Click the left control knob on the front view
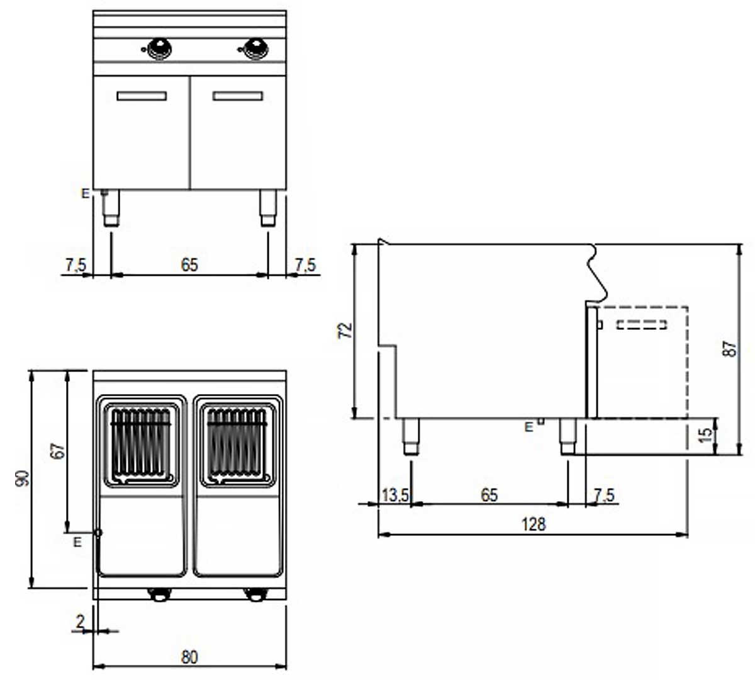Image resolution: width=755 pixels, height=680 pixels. [159, 48]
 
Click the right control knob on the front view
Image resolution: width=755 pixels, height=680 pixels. [256, 48]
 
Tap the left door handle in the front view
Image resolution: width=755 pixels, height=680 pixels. [142, 96]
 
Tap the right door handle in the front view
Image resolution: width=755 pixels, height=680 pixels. [237, 96]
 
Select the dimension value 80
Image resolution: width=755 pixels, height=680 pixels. [189, 657]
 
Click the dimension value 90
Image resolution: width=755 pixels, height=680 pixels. [22, 479]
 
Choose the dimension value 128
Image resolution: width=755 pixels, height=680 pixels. [534, 524]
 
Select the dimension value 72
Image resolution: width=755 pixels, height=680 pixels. [345, 331]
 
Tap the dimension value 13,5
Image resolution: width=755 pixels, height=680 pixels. [395, 495]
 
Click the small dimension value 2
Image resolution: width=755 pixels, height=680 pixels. [80, 621]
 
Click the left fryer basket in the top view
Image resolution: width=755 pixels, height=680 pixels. [141, 445]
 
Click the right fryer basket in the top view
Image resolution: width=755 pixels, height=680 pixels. [237, 445]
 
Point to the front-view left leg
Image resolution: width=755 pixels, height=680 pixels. [111, 208]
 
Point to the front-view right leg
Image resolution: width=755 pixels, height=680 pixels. [268, 208]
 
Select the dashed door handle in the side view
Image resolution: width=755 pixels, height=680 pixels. [642, 324]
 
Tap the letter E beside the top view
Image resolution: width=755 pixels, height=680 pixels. [77, 543]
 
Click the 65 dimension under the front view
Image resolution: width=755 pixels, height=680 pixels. [189, 265]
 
